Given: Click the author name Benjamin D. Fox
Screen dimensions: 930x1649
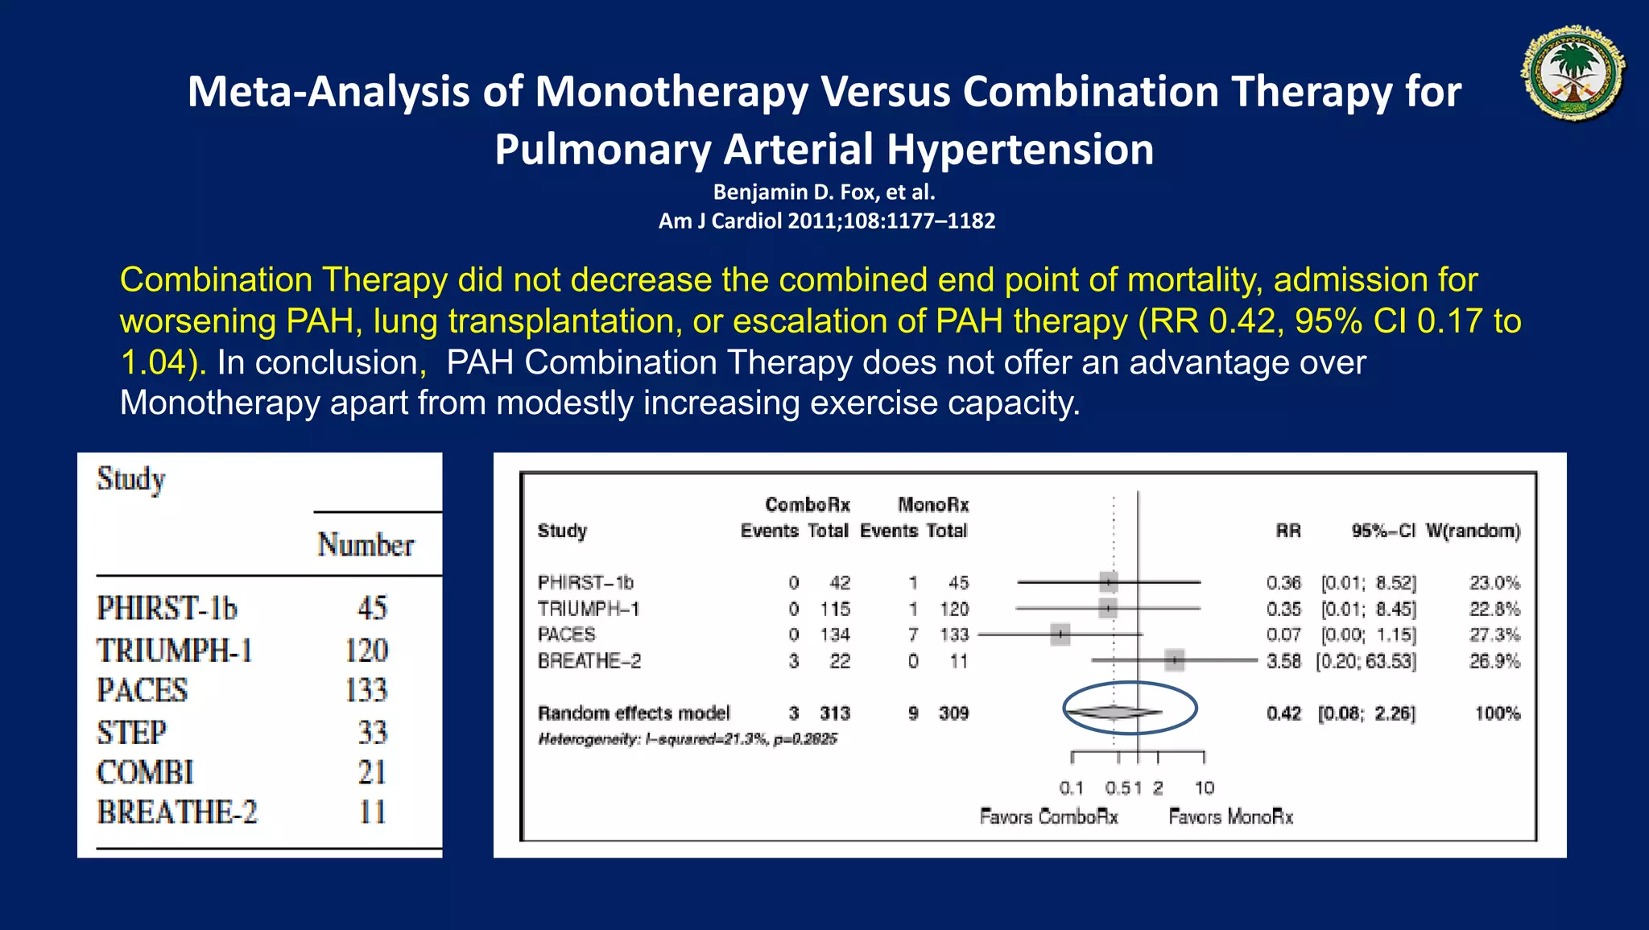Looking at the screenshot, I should [x=824, y=192].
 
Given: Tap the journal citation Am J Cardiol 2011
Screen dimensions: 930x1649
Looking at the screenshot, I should [x=826, y=221].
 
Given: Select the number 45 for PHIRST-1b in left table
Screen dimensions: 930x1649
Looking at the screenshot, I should [x=372, y=608].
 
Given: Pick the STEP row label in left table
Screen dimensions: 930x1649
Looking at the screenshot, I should [x=132, y=732].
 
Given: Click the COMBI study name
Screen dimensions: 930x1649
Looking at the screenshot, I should [x=146, y=772].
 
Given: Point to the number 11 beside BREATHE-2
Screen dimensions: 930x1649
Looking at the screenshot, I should [x=372, y=812].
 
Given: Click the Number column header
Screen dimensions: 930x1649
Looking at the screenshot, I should [x=366, y=545].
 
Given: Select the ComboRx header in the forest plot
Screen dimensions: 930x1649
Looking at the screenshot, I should [x=807, y=505].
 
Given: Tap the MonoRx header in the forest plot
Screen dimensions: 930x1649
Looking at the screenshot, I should [x=933, y=505].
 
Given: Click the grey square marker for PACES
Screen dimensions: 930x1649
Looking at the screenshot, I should [x=1060, y=634].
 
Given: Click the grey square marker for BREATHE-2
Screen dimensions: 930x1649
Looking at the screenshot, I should [x=1175, y=660].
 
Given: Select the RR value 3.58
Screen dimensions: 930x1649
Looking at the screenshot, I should [x=1283, y=661].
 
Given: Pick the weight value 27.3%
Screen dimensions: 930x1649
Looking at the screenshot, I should [x=1494, y=634].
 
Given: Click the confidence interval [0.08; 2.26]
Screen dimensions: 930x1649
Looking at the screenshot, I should [x=1366, y=713].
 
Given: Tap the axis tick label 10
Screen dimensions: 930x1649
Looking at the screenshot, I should [x=1204, y=787].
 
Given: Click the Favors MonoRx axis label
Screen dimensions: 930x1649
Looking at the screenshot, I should [x=1230, y=817].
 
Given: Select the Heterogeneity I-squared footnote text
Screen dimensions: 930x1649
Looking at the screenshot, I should [x=688, y=739].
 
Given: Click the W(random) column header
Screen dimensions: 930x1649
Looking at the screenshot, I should [x=1473, y=531].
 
